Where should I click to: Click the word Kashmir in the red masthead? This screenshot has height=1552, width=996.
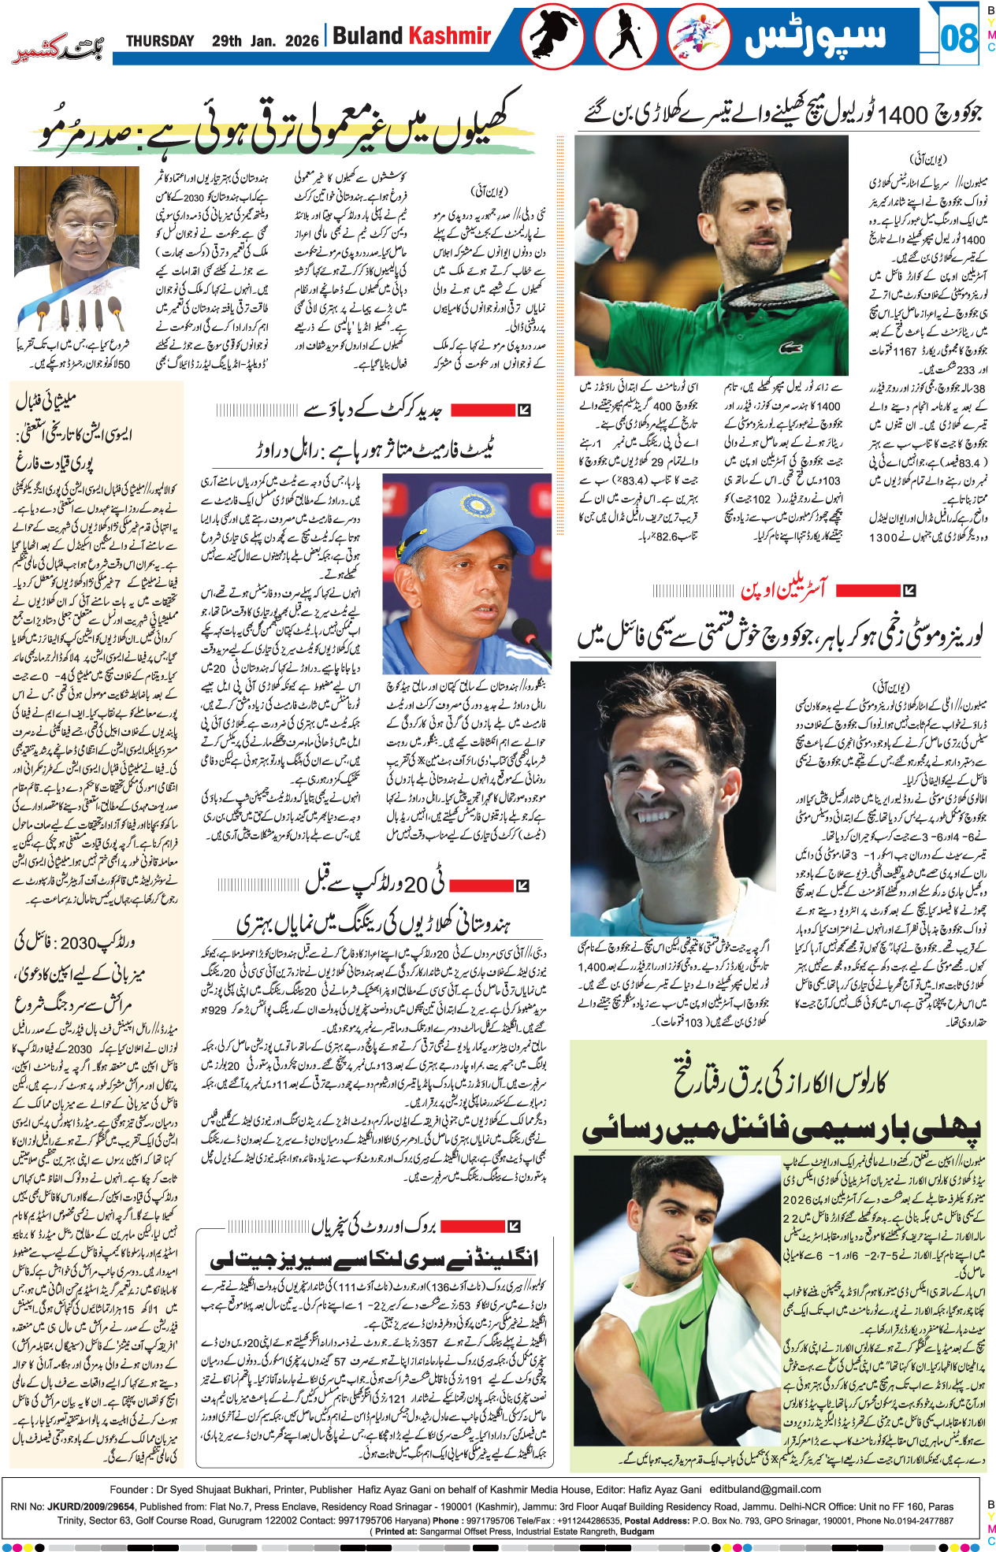pos(450,36)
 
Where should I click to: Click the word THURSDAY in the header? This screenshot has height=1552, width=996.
pos(160,41)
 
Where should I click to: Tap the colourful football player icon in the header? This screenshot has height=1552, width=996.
pos(698,36)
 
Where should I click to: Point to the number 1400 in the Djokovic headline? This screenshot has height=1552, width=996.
pos(904,116)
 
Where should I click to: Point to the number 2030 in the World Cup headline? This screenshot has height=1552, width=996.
pos(78,943)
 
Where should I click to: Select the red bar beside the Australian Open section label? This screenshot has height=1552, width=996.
pos(868,590)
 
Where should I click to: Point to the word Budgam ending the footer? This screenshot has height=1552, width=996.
pos(638,1532)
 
